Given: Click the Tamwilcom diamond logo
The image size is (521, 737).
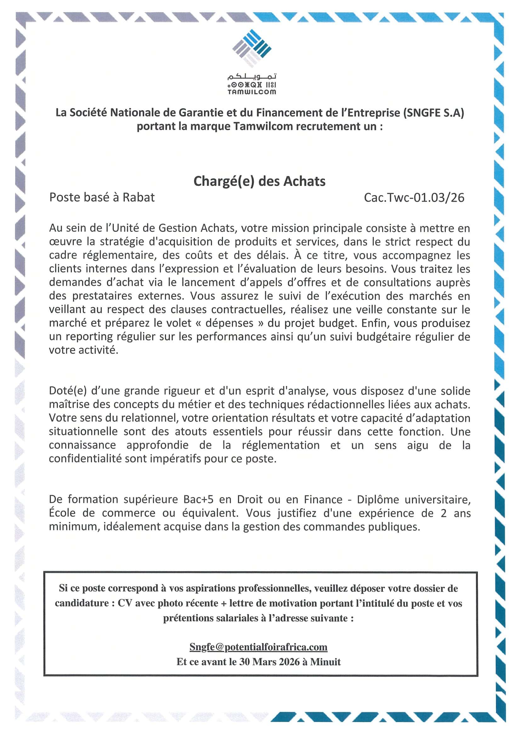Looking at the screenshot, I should click(x=252, y=48).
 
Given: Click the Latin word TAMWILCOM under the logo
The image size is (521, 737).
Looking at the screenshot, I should click(x=252, y=92).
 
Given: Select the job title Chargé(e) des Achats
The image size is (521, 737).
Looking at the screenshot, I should click(x=259, y=181).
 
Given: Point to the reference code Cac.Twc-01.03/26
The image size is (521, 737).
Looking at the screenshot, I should click(x=414, y=198).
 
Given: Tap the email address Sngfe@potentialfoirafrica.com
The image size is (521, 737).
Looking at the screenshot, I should click(x=258, y=647).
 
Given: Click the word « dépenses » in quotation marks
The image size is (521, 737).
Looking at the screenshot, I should click(x=230, y=323).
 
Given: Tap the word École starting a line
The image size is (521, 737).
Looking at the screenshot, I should click(x=62, y=513).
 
